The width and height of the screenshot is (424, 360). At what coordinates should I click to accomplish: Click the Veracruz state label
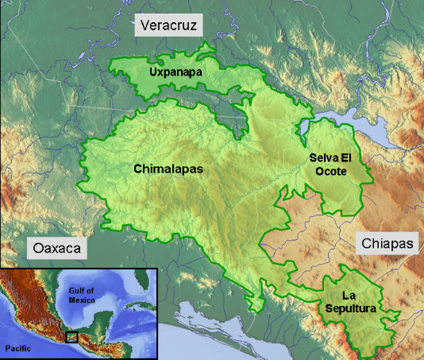(x=169, y=26)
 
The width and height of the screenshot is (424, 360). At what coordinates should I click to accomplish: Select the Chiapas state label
(x=387, y=244)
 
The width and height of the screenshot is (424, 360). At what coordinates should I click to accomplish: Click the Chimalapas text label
(x=168, y=169)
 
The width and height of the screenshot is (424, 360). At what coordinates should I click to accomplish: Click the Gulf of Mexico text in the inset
(x=82, y=295)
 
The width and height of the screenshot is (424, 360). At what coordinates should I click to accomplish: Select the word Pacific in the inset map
(x=17, y=349)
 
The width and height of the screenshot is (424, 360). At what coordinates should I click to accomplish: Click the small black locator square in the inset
(x=72, y=337)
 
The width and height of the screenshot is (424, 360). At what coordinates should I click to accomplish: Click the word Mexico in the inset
(x=82, y=300)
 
